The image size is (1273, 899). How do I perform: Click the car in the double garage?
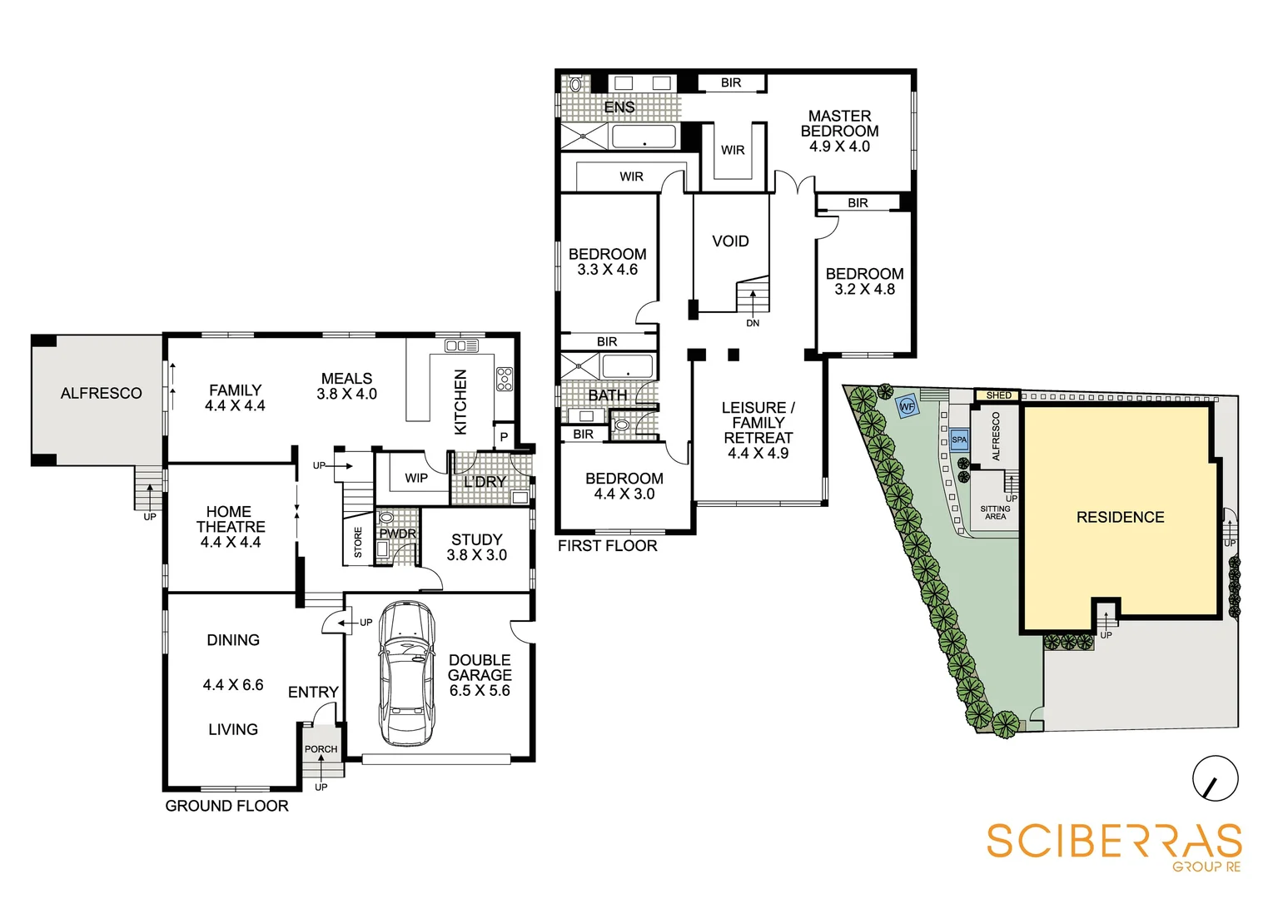pos(406,673)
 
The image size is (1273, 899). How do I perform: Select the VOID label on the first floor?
pos(730,241)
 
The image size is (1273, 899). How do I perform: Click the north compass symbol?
pos(1215,779)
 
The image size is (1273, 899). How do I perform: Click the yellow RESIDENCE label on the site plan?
pos(1120,517)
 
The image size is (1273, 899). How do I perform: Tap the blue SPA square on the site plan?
pos(959,440)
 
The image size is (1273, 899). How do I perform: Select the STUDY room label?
pos(476,539)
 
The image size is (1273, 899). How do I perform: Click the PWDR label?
pos(397,534)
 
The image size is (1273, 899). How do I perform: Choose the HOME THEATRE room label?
pos(230,519)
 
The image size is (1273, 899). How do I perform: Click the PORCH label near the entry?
pos(321,749)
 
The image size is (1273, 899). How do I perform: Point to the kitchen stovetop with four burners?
pos(504,379)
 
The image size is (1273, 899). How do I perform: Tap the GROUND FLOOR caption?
pos(226,806)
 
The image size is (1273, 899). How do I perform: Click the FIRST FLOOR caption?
pos(607,546)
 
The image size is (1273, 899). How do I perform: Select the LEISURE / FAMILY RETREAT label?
pos(758,423)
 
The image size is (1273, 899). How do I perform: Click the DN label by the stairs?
pos(753,323)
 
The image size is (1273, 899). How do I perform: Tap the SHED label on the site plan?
pos(998,395)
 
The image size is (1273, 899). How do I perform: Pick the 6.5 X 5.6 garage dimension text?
pos(480,691)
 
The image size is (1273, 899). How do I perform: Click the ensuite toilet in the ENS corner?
pos(574,84)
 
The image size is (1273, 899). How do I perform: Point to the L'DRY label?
pos(485,482)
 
